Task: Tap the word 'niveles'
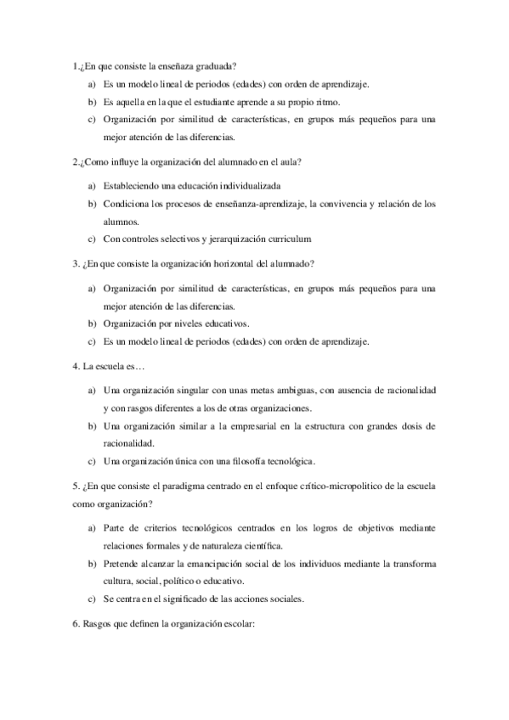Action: [x=197, y=323]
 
